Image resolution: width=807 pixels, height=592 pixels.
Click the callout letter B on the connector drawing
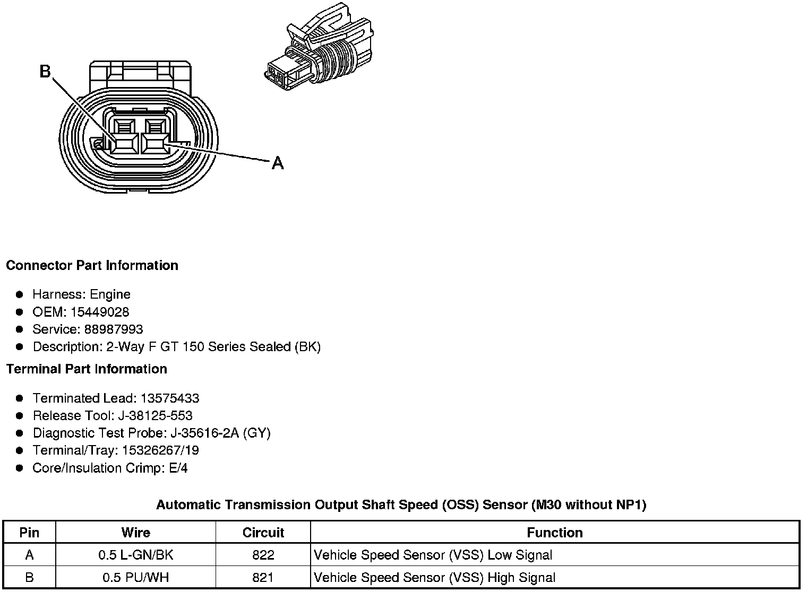click(x=45, y=71)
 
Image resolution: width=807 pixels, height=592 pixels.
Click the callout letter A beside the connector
click(x=278, y=163)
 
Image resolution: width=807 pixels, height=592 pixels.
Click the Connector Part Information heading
click(x=92, y=265)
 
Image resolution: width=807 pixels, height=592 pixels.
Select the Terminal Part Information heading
click(x=87, y=369)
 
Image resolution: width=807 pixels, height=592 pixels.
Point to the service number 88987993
click(x=114, y=329)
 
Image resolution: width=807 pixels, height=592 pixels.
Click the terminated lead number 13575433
click(x=170, y=398)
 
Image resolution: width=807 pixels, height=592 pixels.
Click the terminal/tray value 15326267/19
click(x=160, y=450)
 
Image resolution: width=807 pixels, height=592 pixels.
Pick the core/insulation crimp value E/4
click(x=178, y=468)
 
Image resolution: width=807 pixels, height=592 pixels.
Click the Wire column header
click(x=136, y=533)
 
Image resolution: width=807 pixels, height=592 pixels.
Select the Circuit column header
click(x=263, y=533)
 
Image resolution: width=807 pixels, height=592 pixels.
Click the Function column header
click(x=555, y=533)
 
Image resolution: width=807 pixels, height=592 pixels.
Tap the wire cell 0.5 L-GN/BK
click(x=136, y=555)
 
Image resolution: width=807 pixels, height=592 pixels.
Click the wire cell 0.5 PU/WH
click(x=136, y=577)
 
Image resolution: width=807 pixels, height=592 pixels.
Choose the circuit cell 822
click(x=263, y=555)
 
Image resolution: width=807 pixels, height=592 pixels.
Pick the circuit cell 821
click(x=263, y=577)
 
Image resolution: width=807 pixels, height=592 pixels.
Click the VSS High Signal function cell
click(x=435, y=577)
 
